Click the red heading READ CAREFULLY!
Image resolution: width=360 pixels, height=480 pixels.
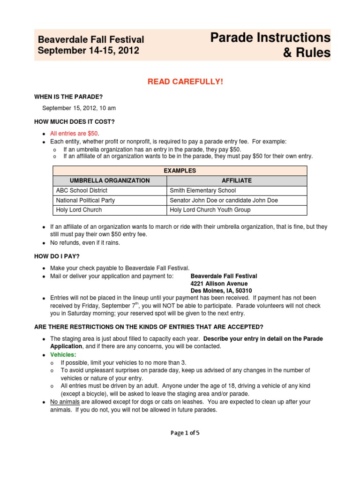[x=185, y=82]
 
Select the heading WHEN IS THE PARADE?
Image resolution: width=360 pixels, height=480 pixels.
[x=68, y=97]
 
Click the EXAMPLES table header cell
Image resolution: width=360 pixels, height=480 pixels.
[x=180, y=171]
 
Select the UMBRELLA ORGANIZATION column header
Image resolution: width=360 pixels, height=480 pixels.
[x=110, y=180]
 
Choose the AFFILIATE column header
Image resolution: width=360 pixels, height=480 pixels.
[x=237, y=180]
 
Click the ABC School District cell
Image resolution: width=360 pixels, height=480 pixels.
[x=82, y=190]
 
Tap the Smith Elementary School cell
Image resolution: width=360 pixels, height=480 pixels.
[x=202, y=190]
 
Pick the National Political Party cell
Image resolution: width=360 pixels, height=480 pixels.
[x=85, y=200]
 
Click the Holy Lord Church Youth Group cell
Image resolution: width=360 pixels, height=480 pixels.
[x=210, y=210]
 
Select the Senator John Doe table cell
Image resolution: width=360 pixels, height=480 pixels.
[x=224, y=200]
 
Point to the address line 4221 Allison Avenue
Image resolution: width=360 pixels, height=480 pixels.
[x=219, y=284]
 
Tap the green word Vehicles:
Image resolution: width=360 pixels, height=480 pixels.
[x=63, y=355]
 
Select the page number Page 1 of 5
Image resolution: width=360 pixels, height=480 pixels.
[x=185, y=433]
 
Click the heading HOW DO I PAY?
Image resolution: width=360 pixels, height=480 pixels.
[x=57, y=256]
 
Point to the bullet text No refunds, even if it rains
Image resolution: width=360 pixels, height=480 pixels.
[x=85, y=243]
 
